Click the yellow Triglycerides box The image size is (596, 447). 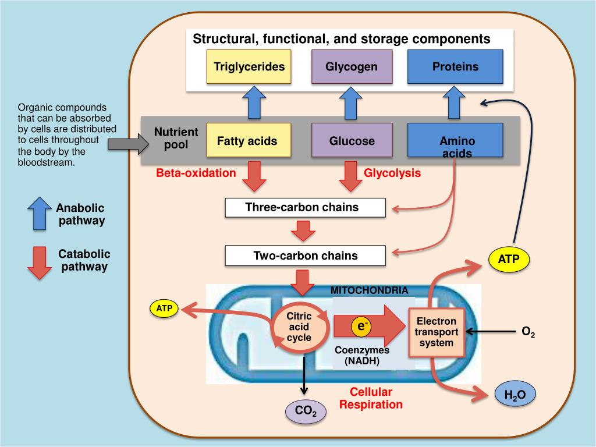(249, 67)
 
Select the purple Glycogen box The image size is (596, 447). (352, 67)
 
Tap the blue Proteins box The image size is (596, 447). (455, 67)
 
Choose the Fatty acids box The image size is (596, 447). (247, 141)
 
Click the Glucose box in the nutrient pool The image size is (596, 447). (352, 141)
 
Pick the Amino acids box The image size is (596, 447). (455, 141)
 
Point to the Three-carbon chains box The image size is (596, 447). (305, 208)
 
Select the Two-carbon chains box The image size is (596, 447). (305, 256)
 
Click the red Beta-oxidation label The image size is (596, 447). (196, 173)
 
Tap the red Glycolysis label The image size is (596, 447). (392, 173)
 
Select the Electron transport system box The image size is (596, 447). (437, 332)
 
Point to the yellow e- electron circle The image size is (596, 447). (361, 328)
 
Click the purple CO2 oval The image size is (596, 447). (306, 411)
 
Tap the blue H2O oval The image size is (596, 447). (515, 396)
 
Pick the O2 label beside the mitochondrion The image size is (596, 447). (528, 332)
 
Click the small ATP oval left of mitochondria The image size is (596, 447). (165, 308)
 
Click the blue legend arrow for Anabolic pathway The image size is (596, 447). (39, 213)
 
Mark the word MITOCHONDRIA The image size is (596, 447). (369, 290)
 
